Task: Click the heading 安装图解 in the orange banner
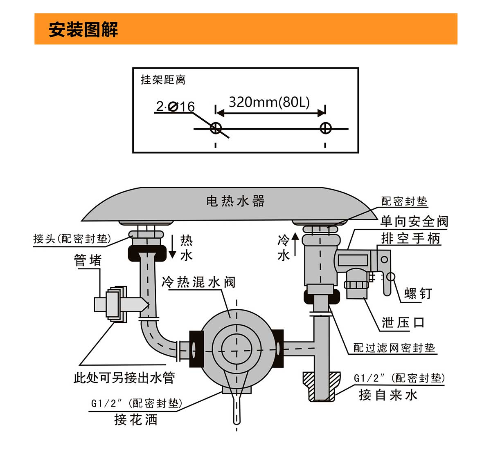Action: (x=83, y=29)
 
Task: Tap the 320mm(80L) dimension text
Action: (x=269, y=102)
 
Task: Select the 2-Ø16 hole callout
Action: (x=175, y=107)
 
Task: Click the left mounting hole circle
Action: (x=216, y=128)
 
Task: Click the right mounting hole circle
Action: (x=325, y=128)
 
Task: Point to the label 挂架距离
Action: (x=163, y=79)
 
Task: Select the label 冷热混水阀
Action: (x=198, y=282)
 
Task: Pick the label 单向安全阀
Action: (x=414, y=221)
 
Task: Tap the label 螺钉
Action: (x=418, y=293)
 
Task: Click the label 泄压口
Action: (x=403, y=322)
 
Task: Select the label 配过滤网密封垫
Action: (x=394, y=348)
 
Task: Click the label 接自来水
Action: (x=388, y=395)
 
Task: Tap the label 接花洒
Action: (x=136, y=420)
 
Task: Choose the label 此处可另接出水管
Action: (x=124, y=377)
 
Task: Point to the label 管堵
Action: (x=88, y=260)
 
